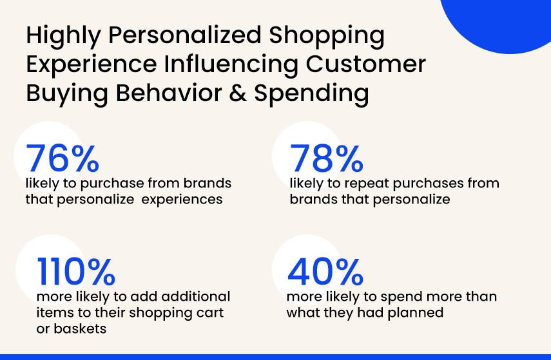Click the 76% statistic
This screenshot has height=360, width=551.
pos(63,158)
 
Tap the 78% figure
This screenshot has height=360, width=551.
pos(327,158)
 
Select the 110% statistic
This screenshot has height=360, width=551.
pos(76,271)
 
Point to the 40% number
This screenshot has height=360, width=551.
pos(325,271)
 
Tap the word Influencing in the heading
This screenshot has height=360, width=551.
pos(231,65)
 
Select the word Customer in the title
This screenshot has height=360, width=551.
pos(366,64)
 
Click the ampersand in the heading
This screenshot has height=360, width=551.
pos(238,93)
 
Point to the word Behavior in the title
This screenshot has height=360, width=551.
pos(169,93)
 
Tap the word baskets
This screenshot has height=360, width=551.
pos(80,328)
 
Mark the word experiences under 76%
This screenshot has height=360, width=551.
pos(182,200)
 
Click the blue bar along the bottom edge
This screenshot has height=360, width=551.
pos(276,357)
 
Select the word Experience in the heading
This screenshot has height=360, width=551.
pos(92,65)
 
